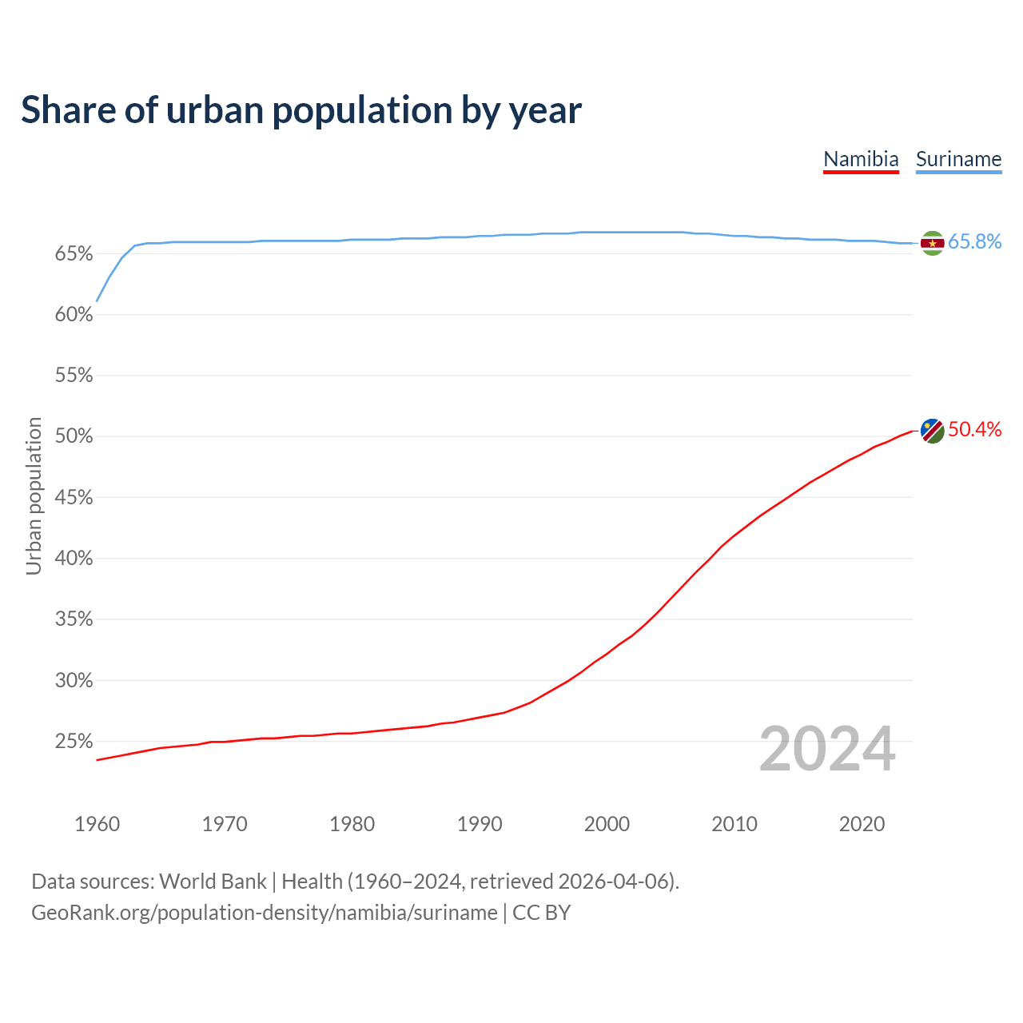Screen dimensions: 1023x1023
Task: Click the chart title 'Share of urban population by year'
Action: [x=301, y=110]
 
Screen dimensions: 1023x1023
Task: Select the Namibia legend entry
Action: [x=861, y=159]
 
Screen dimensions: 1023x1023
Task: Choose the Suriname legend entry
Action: [x=958, y=159]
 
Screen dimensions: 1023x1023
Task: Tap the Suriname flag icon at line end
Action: [x=932, y=242]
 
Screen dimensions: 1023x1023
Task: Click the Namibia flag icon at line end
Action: [x=932, y=430]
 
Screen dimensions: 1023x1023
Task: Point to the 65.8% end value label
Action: [x=975, y=242]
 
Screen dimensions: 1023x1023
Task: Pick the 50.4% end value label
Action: [x=975, y=430]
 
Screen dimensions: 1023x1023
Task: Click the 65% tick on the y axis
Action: [x=74, y=254]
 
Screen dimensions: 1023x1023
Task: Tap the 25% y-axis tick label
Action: [x=74, y=742]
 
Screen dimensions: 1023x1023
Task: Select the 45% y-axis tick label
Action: [x=74, y=498]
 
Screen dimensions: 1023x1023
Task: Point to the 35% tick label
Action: [x=74, y=619]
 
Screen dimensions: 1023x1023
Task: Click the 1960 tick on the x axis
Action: [x=98, y=824]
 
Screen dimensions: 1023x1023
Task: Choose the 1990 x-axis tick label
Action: [x=480, y=824]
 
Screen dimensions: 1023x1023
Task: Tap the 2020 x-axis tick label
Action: [x=862, y=824]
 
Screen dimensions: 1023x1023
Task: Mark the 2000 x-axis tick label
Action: [x=607, y=824]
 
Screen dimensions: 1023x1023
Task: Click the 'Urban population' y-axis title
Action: [x=34, y=496]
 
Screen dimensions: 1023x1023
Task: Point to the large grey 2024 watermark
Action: [x=827, y=749]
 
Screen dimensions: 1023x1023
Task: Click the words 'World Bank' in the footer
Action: [x=213, y=882]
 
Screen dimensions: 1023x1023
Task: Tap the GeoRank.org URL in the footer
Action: [x=264, y=913]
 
